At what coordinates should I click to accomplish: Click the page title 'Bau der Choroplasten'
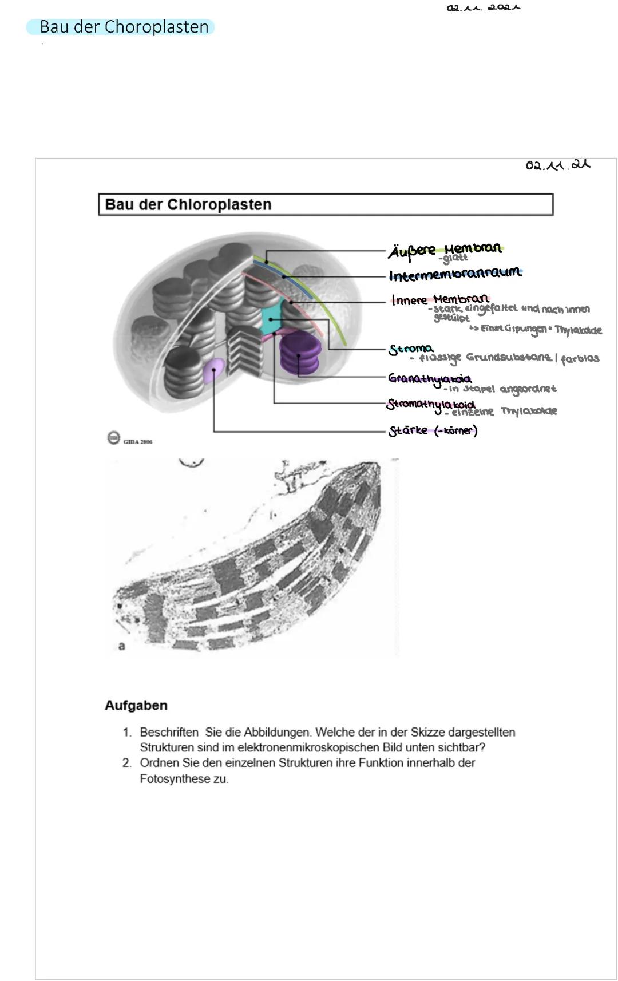pos(124,27)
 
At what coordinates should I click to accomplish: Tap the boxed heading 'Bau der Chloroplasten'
pos(188,204)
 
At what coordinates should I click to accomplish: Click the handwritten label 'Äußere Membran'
pos(445,250)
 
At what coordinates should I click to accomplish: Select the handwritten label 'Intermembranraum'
pos(455,274)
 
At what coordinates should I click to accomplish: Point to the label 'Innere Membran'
pos(440,299)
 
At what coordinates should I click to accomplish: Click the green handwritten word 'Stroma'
pos(411,349)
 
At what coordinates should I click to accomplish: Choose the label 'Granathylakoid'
pos(429,378)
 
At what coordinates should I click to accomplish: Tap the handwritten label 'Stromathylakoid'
pos(431,404)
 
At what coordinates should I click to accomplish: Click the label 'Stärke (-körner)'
pos(433,430)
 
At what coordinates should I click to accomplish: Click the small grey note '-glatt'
pos(456,259)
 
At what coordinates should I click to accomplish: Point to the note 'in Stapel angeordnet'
pos(502,389)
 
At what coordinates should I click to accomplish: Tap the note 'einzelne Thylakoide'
pos(504,412)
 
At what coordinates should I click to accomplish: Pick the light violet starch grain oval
pos(213,370)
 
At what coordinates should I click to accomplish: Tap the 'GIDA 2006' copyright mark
pos(130,440)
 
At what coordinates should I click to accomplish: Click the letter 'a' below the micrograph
pos(121,646)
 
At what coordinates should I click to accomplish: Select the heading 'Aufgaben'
pos(136,705)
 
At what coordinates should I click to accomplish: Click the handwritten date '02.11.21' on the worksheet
pos(557,165)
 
